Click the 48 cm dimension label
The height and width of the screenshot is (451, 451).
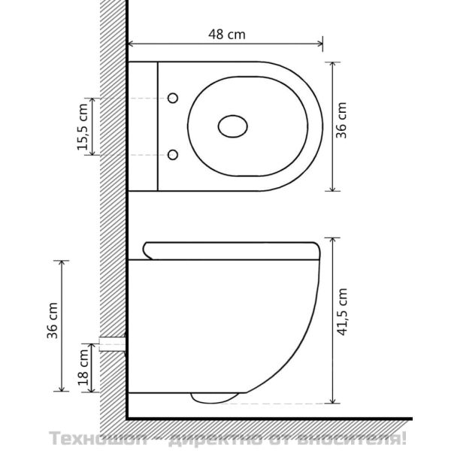(x=227, y=35)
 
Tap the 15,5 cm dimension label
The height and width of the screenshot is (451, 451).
(x=82, y=126)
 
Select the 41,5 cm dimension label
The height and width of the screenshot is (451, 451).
(x=342, y=312)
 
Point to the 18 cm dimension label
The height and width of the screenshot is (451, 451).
(x=83, y=368)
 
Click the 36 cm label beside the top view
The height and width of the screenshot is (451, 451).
(x=341, y=120)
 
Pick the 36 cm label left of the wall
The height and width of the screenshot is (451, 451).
(x=53, y=320)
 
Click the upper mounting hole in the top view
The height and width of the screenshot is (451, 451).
(x=173, y=98)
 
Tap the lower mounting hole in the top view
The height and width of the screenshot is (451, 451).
(x=173, y=155)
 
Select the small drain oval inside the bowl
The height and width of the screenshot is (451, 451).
(x=233, y=126)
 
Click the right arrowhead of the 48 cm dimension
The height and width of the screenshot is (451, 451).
(x=320, y=44)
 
